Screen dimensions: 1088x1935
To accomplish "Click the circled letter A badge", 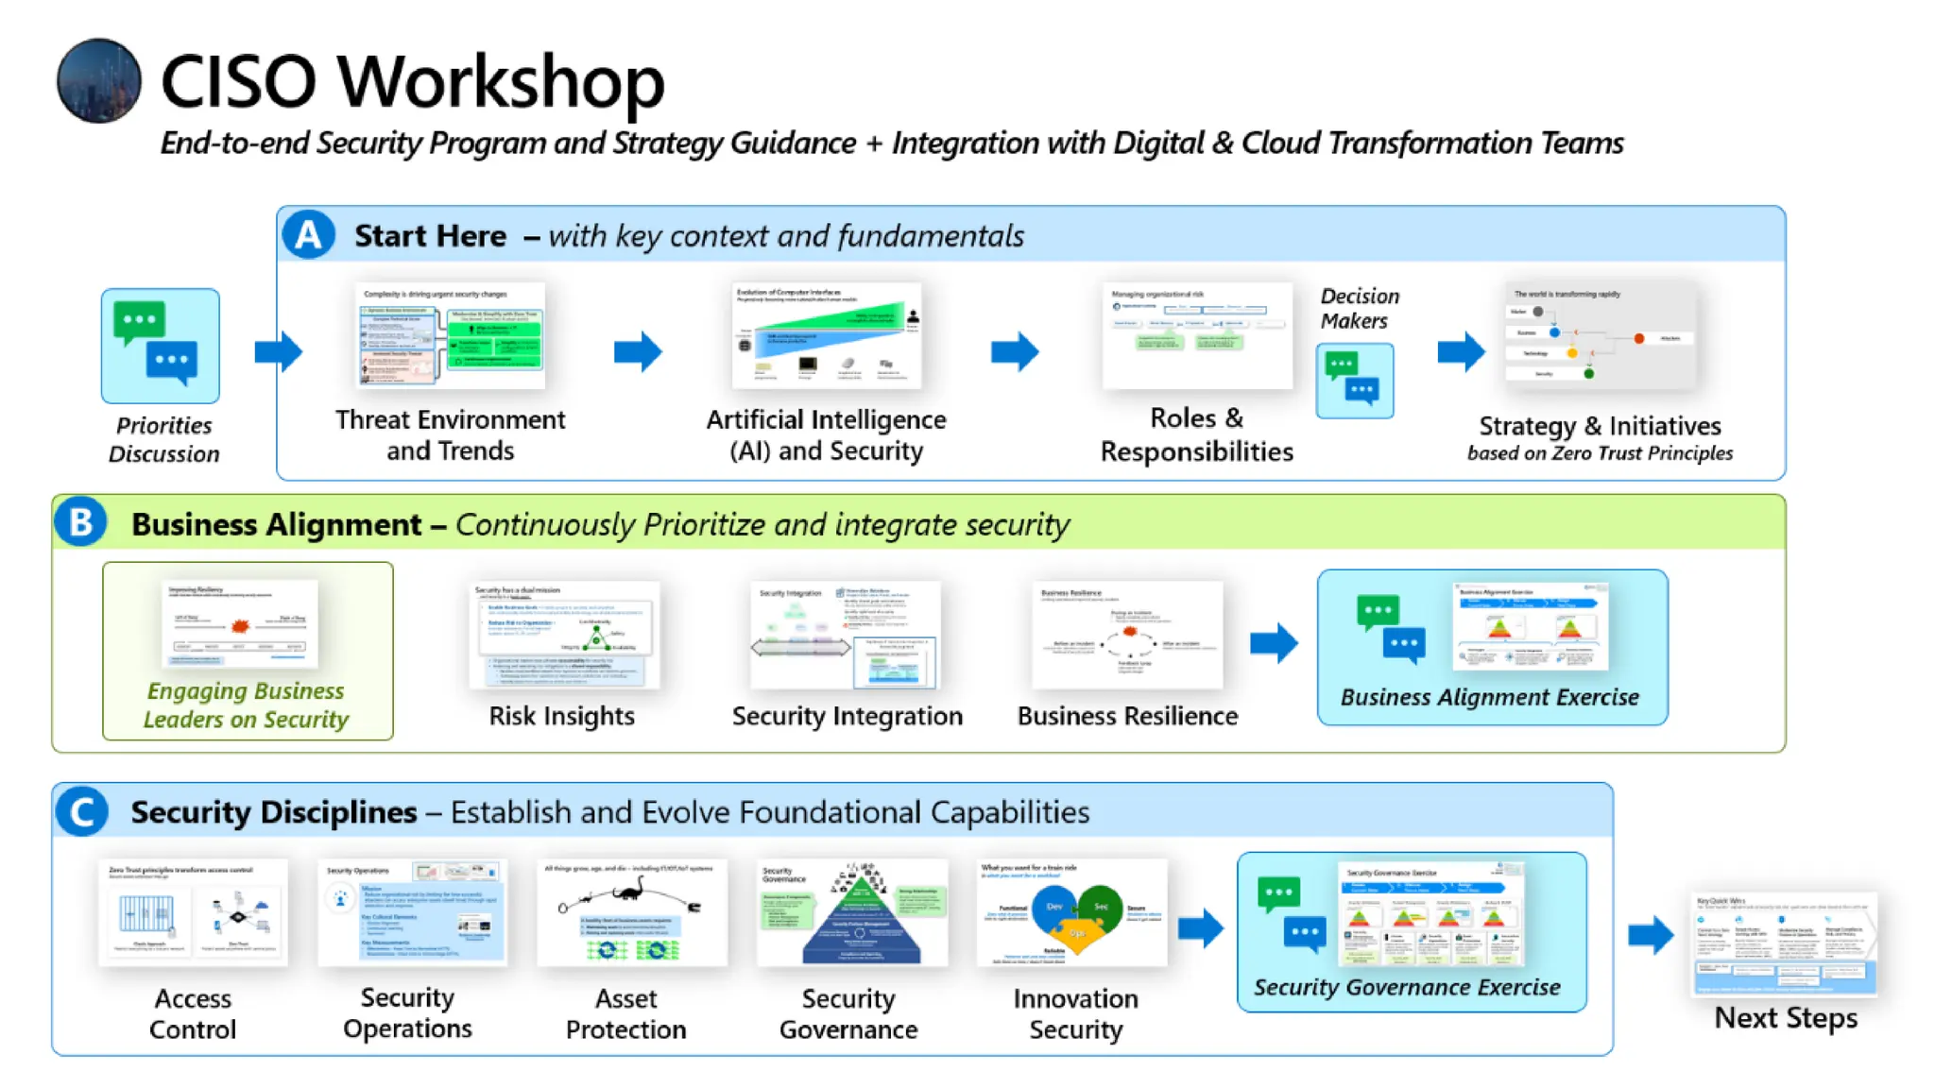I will click(x=308, y=234).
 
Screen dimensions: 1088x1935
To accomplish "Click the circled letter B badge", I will click(x=80, y=522).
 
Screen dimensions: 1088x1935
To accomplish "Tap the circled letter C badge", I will click(x=81, y=811).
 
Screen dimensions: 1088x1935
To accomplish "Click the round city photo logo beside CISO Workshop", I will click(x=99, y=80).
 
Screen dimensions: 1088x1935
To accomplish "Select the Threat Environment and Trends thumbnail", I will click(x=451, y=335).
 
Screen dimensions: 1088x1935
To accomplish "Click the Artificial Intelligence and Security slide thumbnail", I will click(x=826, y=335).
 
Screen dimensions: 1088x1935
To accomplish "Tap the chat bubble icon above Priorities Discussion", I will click(x=160, y=346).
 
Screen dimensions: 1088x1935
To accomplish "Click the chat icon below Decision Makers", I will click(x=1354, y=380).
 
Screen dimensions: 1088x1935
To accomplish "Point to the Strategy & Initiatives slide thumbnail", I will click(x=1600, y=335).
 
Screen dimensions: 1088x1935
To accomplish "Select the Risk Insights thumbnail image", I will click(x=564, y=634).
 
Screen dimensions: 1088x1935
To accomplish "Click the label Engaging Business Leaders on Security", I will click(x=247, y=705).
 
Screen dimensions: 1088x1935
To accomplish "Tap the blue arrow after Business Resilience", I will click(x=1274, y=643).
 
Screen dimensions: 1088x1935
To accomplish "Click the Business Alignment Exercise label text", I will click(x=1489, y=697).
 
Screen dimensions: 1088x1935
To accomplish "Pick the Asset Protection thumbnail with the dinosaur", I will click(x=631, y=912).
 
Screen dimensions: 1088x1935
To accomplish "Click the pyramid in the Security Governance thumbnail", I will click(x=861, y=921).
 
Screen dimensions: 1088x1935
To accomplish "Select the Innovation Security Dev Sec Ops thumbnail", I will click(x=1071, y=912).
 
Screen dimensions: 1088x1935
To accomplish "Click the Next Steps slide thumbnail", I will click(x=1783, y=943).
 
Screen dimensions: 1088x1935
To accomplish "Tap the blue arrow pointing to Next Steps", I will click(x=1651, y=935).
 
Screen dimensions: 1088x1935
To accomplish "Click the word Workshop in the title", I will click(x=501, y=81).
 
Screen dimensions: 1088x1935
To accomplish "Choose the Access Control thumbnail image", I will click(x=193, y=911).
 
